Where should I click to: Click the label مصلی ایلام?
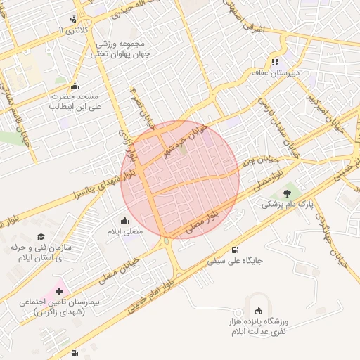(x=124, y=231)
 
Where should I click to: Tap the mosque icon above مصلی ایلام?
(x=124, y=219)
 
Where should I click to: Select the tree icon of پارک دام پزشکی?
(x=286, y=193)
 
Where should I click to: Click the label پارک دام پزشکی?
(x=286, y=205)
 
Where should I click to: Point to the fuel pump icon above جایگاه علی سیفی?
(x=234, y=249)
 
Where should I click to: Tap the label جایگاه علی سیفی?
(x=235, y=261)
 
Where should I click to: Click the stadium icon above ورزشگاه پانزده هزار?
(x=259, y=310)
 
